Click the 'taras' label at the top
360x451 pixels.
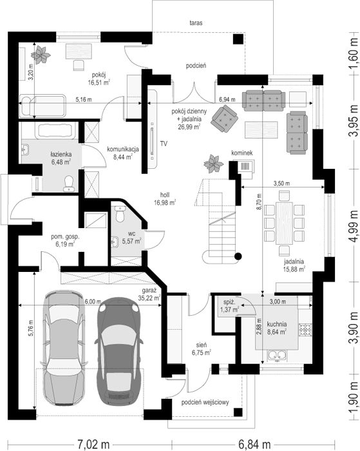[196, 23]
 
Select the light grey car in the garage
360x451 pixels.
[64, 348]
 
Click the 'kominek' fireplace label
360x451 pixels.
[242, 153]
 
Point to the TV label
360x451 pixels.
[164, 144]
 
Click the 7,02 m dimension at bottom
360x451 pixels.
[93, 444]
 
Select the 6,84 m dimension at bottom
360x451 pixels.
[254, 444]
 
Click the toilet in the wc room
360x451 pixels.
[119, 214]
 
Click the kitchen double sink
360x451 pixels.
[277, 356]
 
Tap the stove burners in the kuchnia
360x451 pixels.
[305, 329]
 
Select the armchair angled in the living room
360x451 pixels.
[224, 119]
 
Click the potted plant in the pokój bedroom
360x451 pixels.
[41, 54]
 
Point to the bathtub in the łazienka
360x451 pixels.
[56, 131]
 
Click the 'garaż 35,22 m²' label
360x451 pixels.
[149, 294]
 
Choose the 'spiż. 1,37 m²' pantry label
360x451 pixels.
[229, 306]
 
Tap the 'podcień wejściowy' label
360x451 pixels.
[205, 402]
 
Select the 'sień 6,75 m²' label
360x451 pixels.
[202, 349]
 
